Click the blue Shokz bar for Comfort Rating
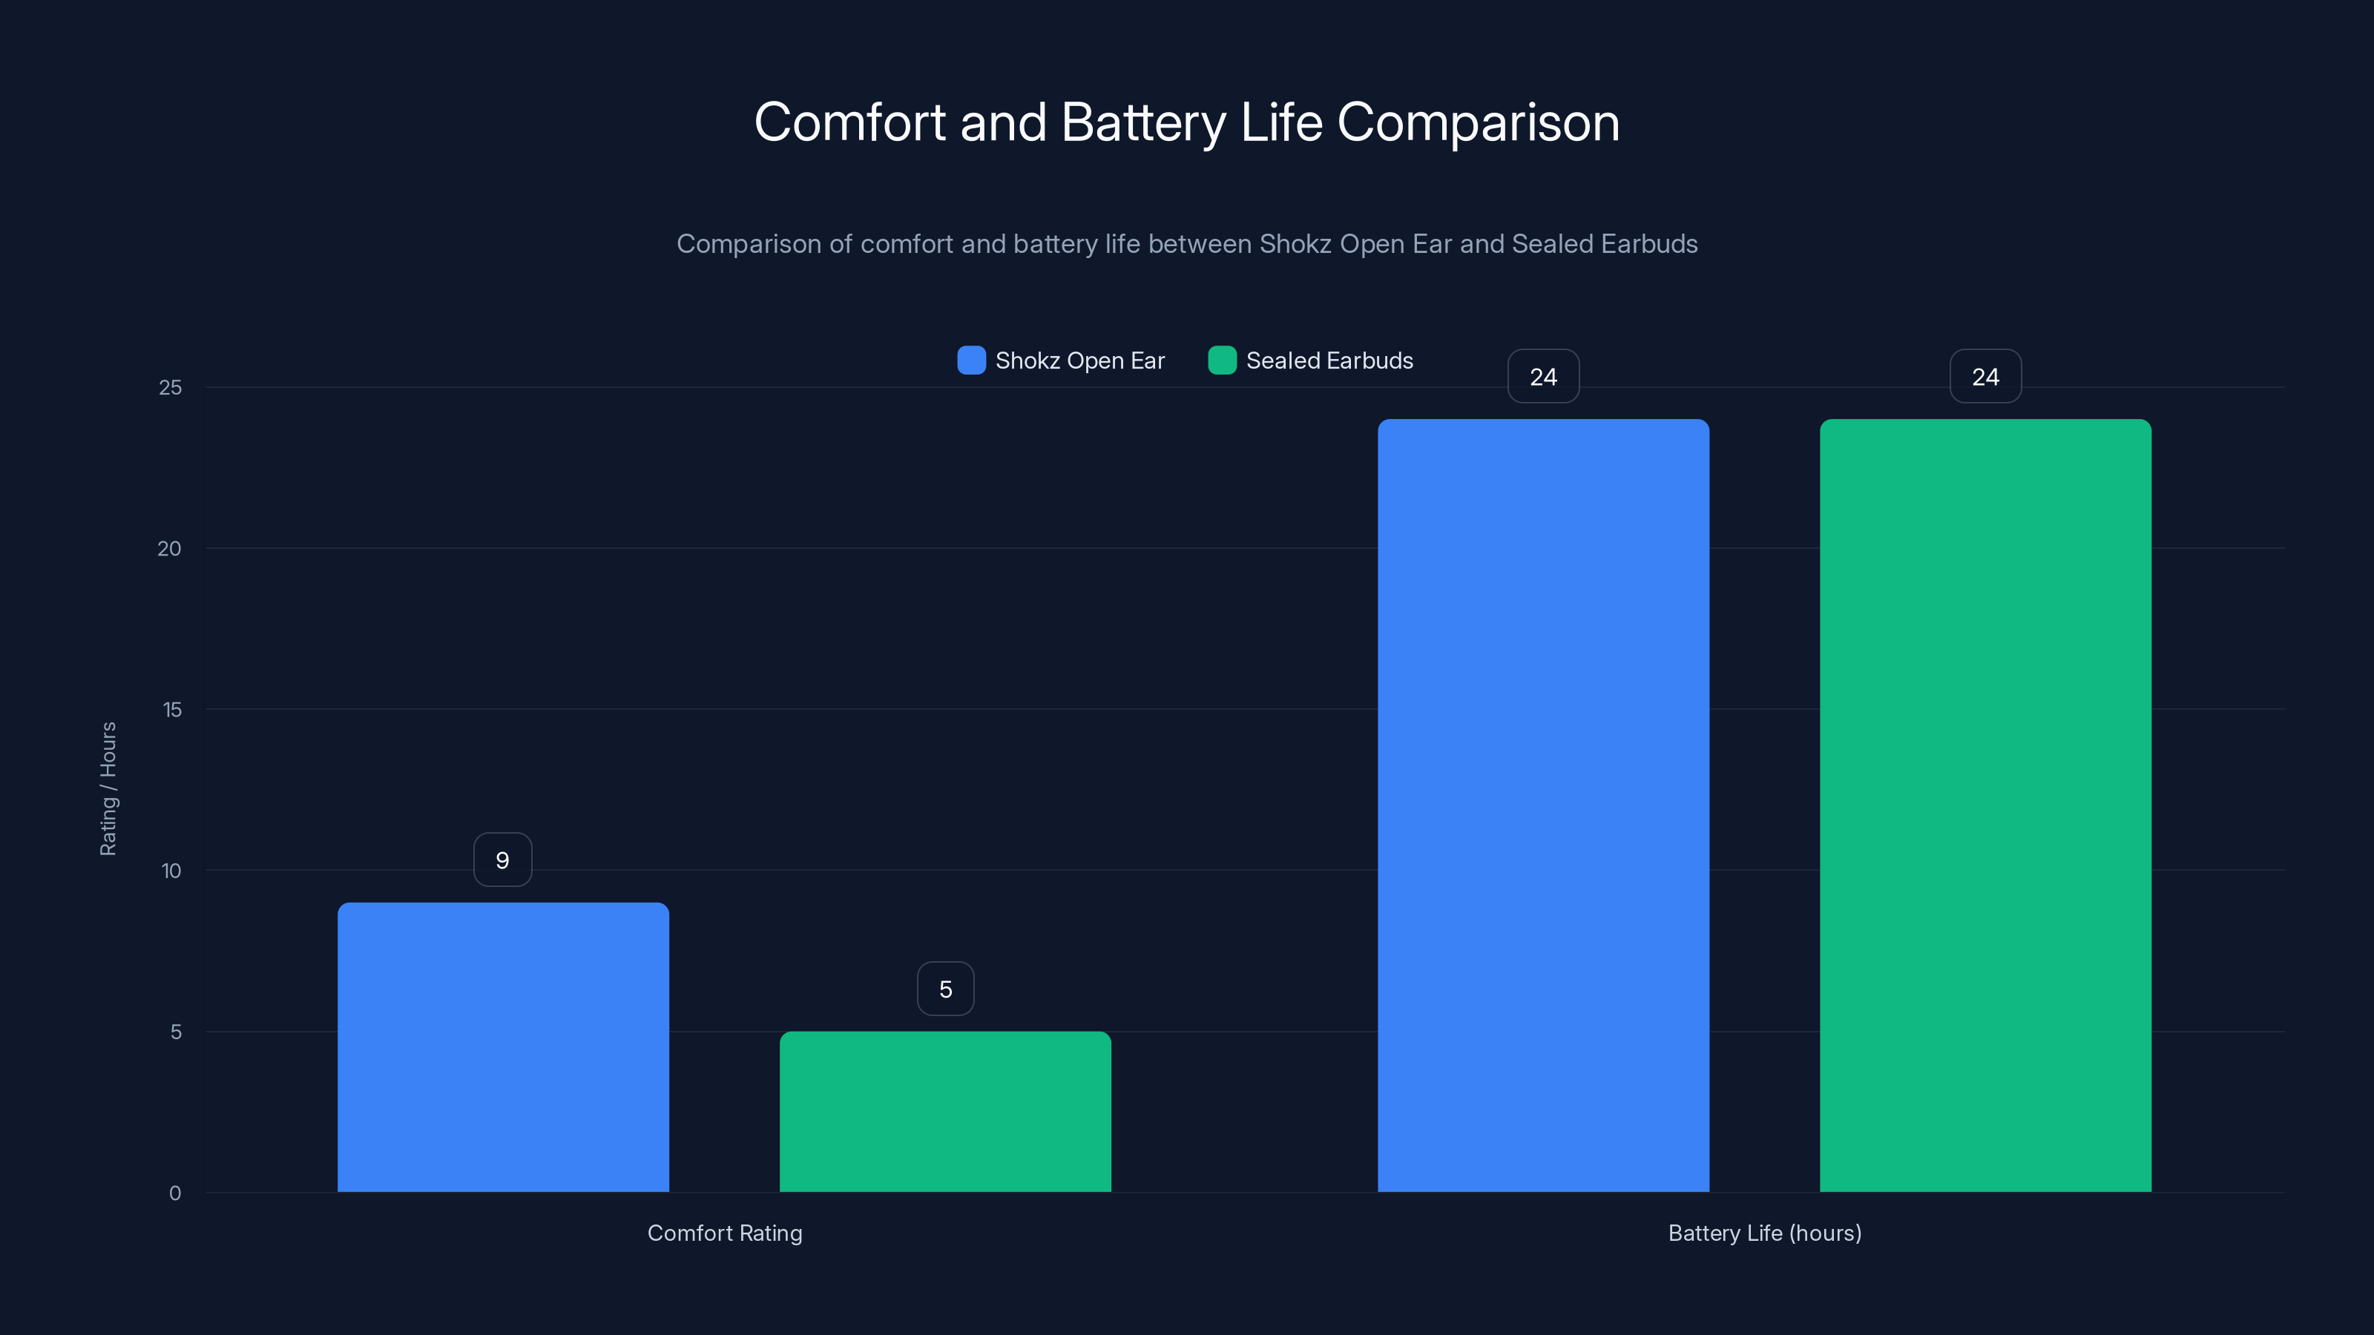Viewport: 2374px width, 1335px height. (x=503, y=1046)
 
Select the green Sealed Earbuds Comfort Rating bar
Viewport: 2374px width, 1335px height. (x=946, y=1111)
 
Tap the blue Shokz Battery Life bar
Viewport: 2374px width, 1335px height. (x=1543, y=805)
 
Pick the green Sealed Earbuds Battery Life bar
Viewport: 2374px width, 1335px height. (x=1985, y=805)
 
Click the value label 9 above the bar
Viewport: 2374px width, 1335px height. (x=502, y=860)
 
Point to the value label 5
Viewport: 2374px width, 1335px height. (x=946, y=989)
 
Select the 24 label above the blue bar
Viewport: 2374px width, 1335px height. (x=1543, y=376)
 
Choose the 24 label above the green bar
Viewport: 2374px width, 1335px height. (x=1985, y=376)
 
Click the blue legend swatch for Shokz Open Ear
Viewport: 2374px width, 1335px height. (x=971, y=360)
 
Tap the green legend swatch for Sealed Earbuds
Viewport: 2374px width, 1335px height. (x=1222, y=360)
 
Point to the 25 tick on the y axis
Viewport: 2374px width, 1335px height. (x=171, y=387)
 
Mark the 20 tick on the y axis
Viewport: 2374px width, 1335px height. (x=170, y=548)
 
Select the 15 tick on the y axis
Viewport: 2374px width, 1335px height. (x=171, y=710)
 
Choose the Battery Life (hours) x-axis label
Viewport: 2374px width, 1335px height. (x=1765, y=1233)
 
